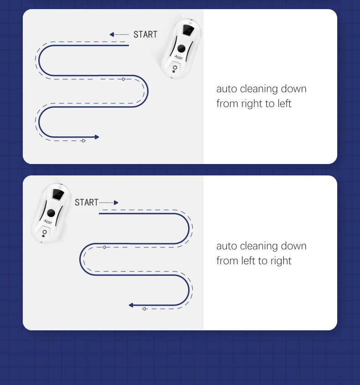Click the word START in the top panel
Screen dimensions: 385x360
145,35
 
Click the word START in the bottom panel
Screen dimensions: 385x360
87,202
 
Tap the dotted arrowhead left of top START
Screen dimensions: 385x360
112,35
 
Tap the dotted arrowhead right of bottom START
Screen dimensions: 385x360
116,202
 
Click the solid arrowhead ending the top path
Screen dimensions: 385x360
96,137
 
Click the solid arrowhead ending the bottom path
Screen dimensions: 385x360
131,305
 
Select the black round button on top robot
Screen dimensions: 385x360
181,49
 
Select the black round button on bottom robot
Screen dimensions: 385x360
51,213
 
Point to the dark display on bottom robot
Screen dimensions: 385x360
58,194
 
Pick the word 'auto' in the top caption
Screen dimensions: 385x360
226,89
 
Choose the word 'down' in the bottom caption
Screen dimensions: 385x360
293,246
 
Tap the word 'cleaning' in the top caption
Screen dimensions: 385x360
259,89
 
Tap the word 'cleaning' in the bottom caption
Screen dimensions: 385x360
259,246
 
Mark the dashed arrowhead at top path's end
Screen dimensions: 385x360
83,141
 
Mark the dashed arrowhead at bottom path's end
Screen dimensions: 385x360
144,309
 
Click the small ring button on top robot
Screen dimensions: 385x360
175,67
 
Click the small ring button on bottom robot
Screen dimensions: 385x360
45,231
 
